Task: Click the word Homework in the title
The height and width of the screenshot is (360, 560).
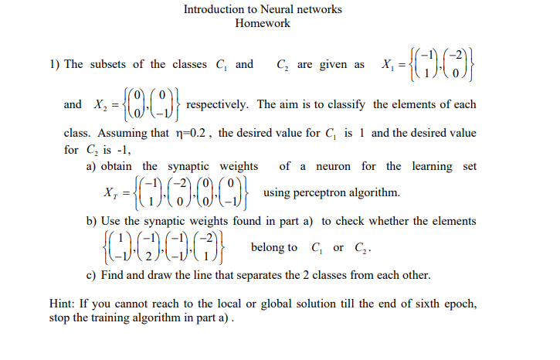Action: (x=263, y=23)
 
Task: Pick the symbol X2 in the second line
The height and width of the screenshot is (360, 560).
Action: (x=98, y=105)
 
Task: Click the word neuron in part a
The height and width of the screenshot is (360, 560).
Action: (x=334, y=166)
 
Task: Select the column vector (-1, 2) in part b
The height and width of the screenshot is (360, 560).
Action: (x=152, y=246)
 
